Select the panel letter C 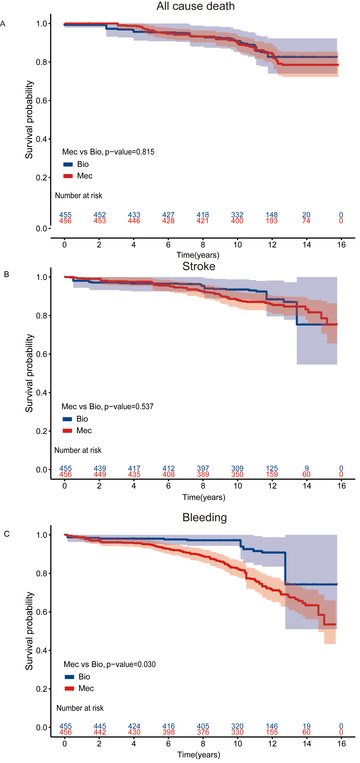point(7,534)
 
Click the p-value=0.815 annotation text point(108,152)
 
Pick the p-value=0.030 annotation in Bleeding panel point(110,664)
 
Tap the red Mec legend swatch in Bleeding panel point(69,688)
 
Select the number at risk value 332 point(237,215)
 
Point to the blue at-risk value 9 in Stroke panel point(307,468)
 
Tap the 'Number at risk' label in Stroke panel point(78,450)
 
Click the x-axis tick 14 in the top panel point(307,245)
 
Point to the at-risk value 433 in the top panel point(134,215)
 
